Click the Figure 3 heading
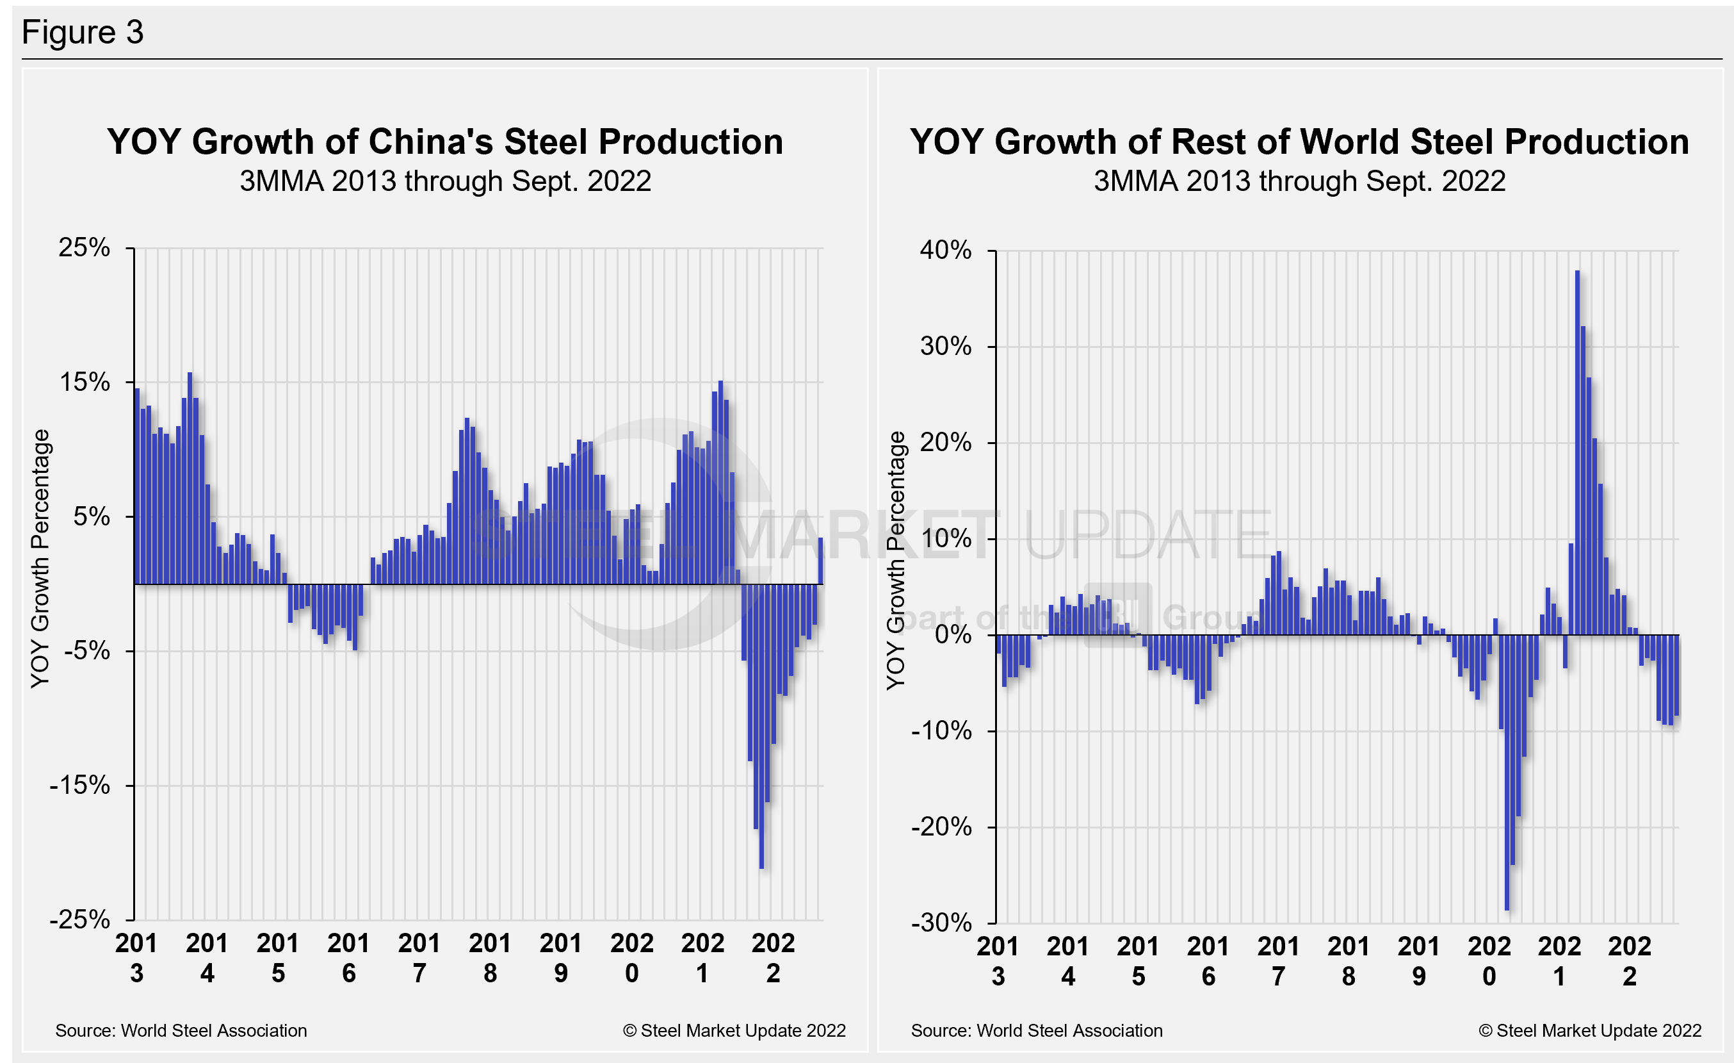tap(83, 33)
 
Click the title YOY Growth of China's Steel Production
tap(445, 142)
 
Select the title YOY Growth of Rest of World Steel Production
tap(1299, 142)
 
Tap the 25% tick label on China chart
tap(85, 248)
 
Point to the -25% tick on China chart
tap(80, 919)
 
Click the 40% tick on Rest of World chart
tap(945, 250)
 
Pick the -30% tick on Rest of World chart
tap(941, 922)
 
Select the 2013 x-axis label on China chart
tap(136, 957)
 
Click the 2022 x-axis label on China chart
tap(773, 957)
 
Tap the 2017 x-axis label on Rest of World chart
tap(1278, 961)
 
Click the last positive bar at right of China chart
tap(820, 561)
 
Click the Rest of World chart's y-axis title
tap(895, 561)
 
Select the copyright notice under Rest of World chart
tap(1590, 1030)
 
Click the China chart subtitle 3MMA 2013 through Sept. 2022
tap(445, 181)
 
